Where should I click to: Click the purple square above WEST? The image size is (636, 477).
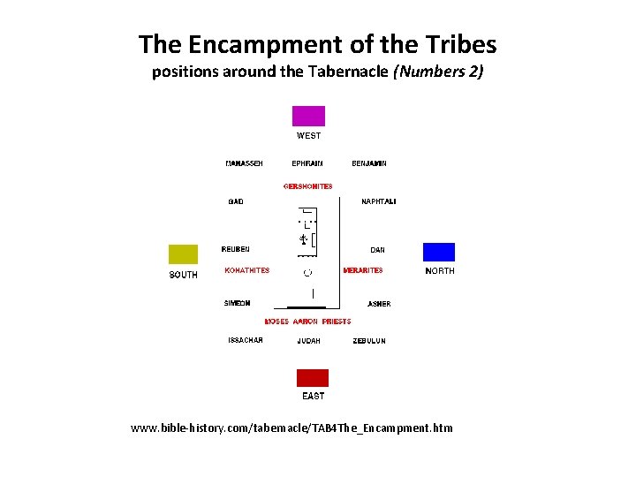(x=308, y=116)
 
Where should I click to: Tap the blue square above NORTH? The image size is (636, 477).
(x=439, y=252)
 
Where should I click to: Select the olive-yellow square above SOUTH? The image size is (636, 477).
(x=184, y=254)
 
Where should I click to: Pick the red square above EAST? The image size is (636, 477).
(x=312, y=378)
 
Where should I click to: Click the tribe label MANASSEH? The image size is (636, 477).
(x=244, y=163)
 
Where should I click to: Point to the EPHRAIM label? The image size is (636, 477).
(x=307, y=163)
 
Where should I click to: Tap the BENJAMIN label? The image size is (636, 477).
(x=369, y=163)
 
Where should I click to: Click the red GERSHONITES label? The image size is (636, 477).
(x=308, y=186)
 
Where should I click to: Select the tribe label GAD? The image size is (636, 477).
(x=236, y=202)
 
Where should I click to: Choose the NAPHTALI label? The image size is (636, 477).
(x=379, y=202)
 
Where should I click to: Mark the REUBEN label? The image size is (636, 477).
(x=236, y=249)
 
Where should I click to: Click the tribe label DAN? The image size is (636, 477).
(x=377, y=250)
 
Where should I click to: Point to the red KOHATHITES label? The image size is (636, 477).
(x=247, y=270)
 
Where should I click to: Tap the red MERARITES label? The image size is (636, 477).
(x=363, y=270)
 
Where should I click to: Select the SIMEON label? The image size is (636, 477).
(x=238, y=304)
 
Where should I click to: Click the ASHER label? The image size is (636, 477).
(x=379, y=304)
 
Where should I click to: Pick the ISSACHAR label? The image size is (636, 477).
(x=246, y=340)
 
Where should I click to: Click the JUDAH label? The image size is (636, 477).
(x=308, y=340)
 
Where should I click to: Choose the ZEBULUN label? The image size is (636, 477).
(x=369, y=340)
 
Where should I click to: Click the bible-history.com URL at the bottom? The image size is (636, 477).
(x=291, y=428)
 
